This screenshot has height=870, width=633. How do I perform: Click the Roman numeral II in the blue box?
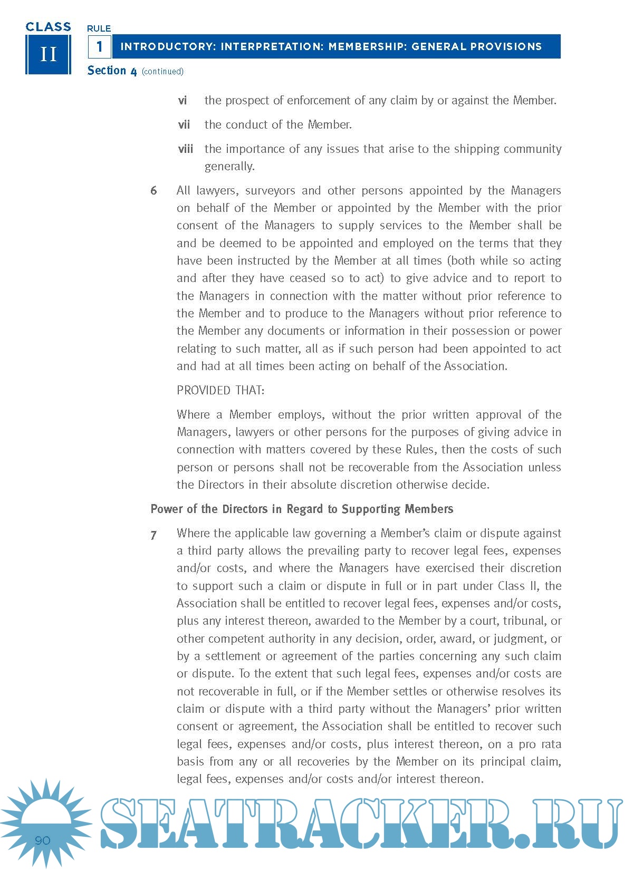(48, 54)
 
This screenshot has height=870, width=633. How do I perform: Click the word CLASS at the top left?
(48, 27)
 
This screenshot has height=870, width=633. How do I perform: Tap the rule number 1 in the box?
(99, 47)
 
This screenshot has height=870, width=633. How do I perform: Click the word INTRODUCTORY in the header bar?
(168, 46)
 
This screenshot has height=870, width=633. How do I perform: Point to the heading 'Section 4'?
(112, 71)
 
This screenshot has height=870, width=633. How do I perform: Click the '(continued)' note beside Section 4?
(162, 71)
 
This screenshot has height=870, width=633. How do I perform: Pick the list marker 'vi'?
(183, 100)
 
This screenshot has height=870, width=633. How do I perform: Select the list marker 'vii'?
(184, 124)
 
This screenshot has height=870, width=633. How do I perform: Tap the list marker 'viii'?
(186, 149)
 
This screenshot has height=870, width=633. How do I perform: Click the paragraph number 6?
(154, 190)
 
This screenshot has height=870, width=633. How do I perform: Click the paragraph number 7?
(154, 535)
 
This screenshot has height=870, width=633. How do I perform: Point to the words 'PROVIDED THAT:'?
(220, 390)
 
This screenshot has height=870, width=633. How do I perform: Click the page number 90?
(42, 840)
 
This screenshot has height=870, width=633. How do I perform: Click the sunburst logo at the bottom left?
(45, 823)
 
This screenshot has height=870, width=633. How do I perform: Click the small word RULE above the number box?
(99, 28)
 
